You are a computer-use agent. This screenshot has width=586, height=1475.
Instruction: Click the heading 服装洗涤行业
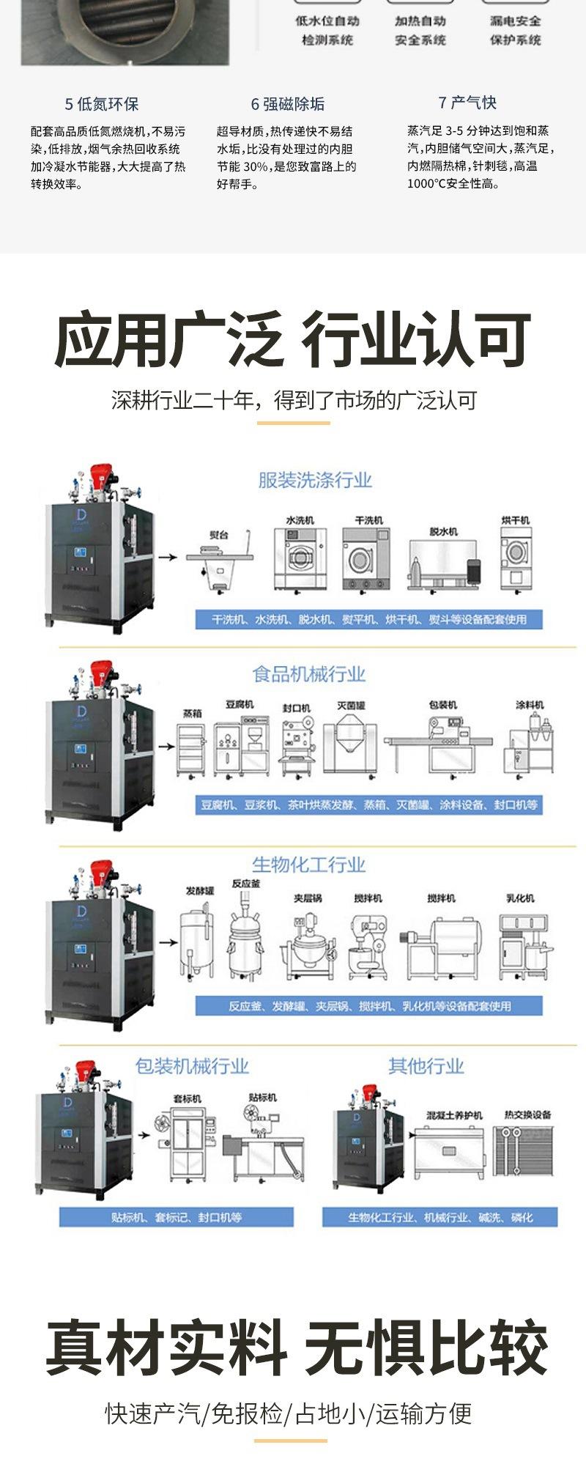(x=315, y=481)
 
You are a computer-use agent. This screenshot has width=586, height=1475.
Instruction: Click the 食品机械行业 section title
(x=308, y=674)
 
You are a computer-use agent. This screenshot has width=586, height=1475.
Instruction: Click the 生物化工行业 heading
(x=308, y=865)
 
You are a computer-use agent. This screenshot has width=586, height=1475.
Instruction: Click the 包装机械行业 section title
(x=192, y=1066)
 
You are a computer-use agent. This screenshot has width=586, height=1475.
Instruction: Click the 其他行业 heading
(x=426, y=1066)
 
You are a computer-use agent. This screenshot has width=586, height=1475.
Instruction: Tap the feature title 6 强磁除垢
(x=287, y=104)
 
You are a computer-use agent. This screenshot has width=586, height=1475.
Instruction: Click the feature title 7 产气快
(x=467, y=103)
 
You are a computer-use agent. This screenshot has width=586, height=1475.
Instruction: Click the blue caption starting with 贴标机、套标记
(x=177, y=1217)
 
